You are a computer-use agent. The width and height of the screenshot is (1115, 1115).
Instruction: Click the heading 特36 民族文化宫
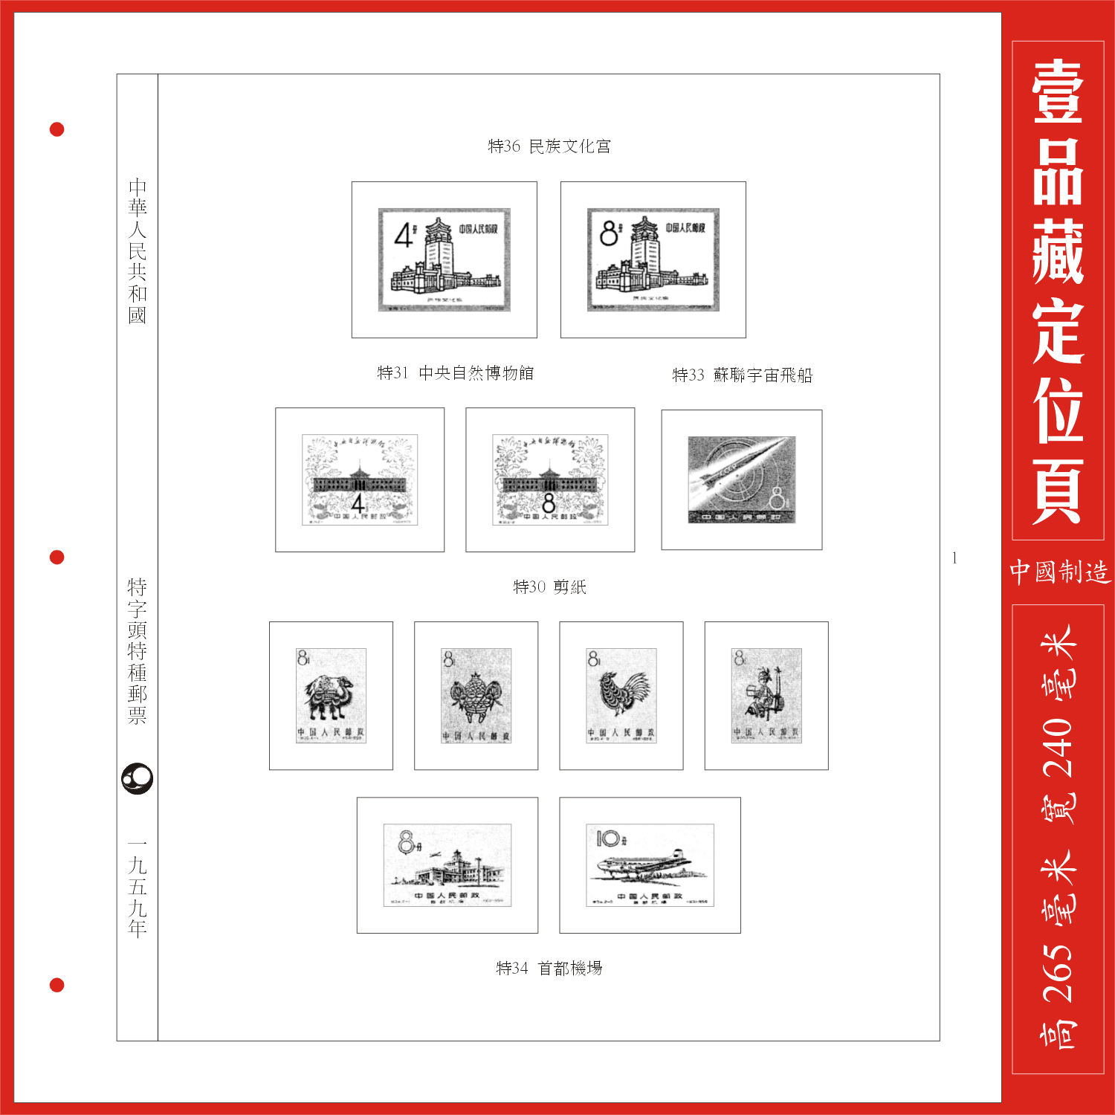coord(549,146)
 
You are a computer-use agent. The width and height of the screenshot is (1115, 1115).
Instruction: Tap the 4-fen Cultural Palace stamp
coord(445,259)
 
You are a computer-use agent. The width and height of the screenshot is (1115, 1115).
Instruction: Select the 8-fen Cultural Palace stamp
coord(653,259)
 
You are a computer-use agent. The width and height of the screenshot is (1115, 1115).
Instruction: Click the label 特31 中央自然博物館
coord(455,373)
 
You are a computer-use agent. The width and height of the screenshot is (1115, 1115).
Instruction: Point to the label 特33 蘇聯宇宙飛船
coord(742,375)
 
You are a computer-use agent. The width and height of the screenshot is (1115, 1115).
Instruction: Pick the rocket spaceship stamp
coord(741,480)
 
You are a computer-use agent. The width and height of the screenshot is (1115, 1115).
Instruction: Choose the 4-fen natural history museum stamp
coord(360,480)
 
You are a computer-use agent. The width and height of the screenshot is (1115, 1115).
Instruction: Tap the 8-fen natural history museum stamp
coord(550,480)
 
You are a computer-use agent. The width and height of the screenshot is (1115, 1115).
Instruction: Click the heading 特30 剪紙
coord(549,587)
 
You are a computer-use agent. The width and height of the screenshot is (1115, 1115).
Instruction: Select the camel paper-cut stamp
coord(331,696)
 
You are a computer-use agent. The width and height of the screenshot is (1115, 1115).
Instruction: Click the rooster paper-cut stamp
coord(621,696)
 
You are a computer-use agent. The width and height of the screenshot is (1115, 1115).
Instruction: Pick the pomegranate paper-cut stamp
coord(476,696)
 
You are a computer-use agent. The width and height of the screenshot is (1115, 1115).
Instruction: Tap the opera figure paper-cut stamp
coord(766,696)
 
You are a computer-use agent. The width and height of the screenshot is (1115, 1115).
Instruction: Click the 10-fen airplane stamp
coord(650,865)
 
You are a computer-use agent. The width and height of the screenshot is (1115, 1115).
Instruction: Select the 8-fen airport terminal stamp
coord(447,865)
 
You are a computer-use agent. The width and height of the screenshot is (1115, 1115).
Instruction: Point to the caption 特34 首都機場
coord(549,969)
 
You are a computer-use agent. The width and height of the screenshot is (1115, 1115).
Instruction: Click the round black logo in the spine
coord(138,779)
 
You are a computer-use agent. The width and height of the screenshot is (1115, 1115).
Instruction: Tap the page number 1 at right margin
coord(954,558)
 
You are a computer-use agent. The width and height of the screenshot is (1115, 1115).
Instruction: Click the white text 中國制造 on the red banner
coord(1059,572)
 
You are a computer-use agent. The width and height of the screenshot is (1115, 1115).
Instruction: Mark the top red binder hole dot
coord(56,130)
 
